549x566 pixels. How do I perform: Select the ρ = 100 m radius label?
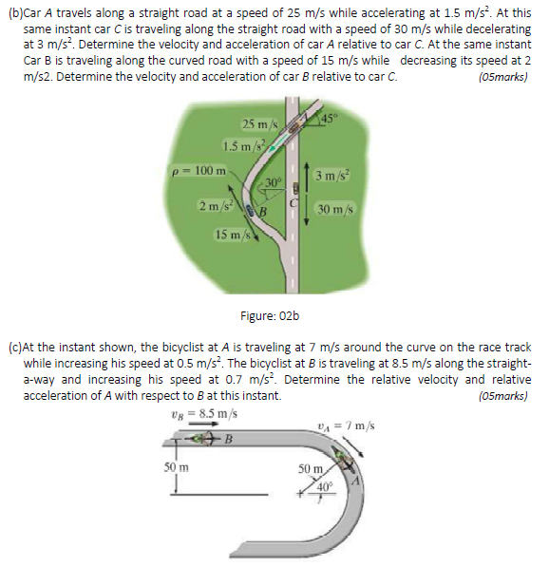pos(198,170)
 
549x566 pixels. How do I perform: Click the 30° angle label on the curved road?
pos(273,181)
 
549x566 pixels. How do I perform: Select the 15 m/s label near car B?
pos(232,234)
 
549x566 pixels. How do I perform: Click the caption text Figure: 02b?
pos(274,315)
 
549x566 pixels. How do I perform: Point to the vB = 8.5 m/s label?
pos(198,414)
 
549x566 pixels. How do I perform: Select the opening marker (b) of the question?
pos(12,11)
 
